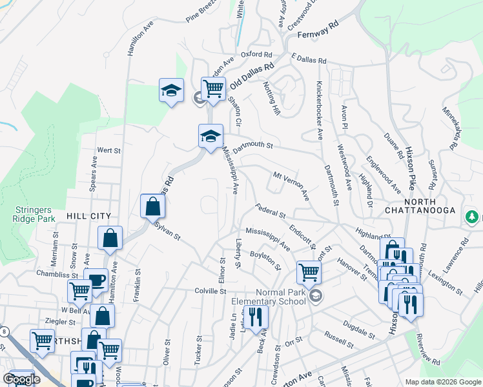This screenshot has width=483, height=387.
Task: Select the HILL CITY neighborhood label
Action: click(x=88, y=216)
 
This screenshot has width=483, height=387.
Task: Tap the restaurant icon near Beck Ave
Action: click(x=256, y=317)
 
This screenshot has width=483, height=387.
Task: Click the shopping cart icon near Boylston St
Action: click(x=309, y=272)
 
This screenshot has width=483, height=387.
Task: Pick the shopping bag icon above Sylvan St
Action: click(x=152, y=206)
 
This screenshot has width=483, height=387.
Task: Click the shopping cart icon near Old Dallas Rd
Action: click(x=212, y=89)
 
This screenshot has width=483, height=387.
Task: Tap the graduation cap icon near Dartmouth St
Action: click(x=211, y=136)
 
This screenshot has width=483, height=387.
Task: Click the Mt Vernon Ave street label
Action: click(x=291, y=185)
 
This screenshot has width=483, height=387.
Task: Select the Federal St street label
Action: click(x=271, y=210)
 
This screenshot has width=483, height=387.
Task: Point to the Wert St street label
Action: click(x=109, y=150)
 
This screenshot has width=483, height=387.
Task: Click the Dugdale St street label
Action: click(x=359, y=330)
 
